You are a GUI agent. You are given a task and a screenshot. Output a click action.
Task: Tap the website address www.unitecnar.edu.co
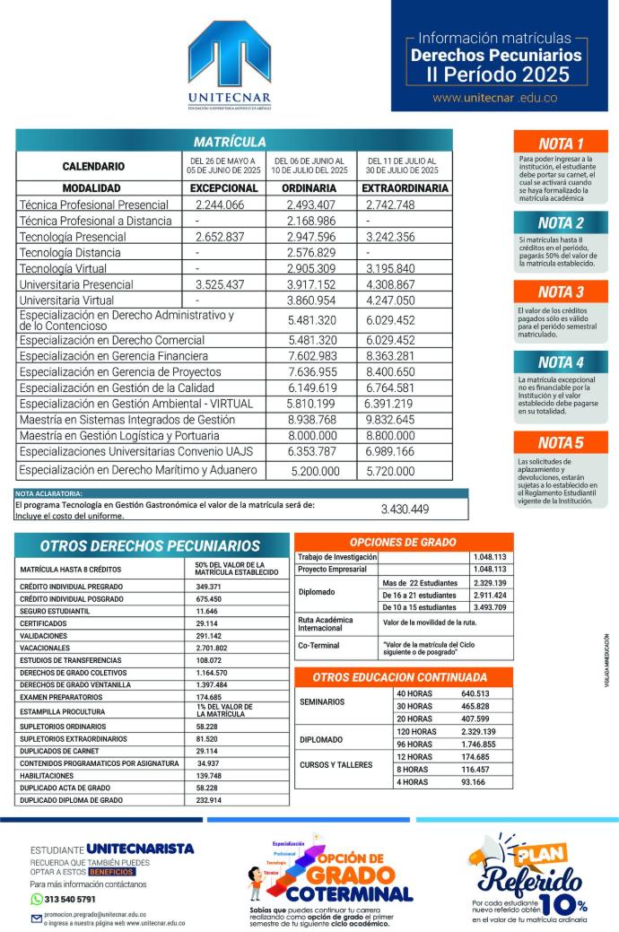click(x=494, y=98)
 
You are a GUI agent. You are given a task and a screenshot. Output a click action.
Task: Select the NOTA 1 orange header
click(x=561, y=144)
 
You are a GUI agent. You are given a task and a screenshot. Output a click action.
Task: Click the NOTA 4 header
click(x=561, y=362)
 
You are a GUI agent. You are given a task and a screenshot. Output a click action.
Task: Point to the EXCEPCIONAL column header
click(x=223, y=188)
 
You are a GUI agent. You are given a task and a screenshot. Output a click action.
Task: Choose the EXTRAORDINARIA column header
click(x=405, y=188)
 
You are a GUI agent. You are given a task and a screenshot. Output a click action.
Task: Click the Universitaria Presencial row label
click(x=76, y=284)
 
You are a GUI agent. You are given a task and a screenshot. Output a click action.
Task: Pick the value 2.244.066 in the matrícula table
click(x=220, y=205)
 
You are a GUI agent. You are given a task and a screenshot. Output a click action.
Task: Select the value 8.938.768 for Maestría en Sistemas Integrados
click(x=312, y=419)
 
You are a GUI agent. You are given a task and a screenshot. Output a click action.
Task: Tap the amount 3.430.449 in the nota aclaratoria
click(x=405, y=510)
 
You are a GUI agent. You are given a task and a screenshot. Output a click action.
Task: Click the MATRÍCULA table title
click(x=230, y=142)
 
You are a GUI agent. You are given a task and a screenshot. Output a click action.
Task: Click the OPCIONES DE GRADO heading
click(x=404, y=543)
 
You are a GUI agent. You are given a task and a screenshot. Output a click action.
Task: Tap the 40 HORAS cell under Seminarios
click(x=414, y=693)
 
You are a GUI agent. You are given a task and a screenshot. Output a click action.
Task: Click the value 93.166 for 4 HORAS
click(x=473, y=782)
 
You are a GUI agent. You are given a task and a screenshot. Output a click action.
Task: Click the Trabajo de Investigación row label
click(x=336, y=557)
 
